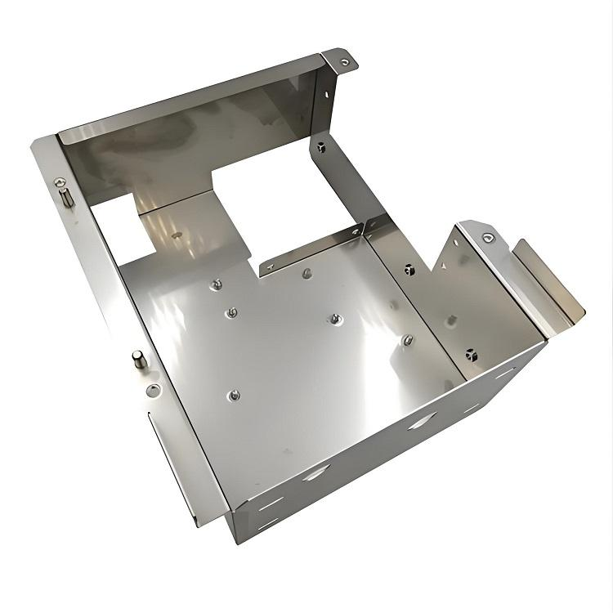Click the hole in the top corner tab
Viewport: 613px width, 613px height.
tap(345, 60)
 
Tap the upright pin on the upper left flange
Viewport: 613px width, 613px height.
tap(66, 197)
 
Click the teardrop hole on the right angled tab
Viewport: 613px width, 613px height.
tap(489, 238)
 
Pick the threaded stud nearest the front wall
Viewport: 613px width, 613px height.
tap(234, 396)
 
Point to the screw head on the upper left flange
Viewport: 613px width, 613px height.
tap(59, 181)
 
